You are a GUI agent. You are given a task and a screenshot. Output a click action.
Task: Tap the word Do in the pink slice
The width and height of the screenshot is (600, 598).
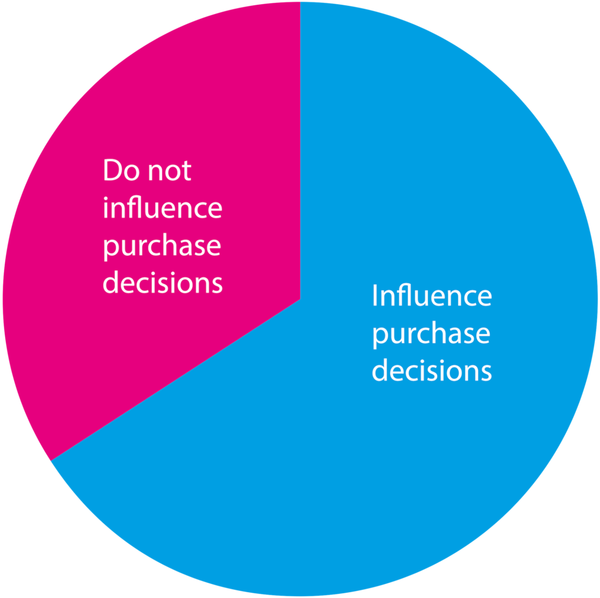[x=121, y=170]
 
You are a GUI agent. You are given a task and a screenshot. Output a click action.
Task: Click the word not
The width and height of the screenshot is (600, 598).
[x=169, y=171]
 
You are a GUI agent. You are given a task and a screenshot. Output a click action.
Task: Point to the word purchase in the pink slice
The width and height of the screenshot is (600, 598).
[x=162, y=247]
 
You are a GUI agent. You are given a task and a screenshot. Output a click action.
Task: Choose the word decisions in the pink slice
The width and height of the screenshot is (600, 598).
[x=163, y=283]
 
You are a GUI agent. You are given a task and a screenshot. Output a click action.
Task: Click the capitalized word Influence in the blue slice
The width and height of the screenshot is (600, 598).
[x=432, y=295]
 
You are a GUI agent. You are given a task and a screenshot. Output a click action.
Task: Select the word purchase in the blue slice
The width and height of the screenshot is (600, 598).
[x=431, y=335]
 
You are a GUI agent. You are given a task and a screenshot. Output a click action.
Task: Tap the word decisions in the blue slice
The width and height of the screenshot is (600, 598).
[x=432, y=370]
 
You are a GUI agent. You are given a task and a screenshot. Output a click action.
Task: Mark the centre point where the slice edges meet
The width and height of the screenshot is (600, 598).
[x=301, y=299]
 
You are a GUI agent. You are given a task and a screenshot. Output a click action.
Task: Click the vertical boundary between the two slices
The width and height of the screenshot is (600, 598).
[x=301, y=150]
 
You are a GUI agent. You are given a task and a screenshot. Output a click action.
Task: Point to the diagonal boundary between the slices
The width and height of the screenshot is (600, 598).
[x=176, y=380]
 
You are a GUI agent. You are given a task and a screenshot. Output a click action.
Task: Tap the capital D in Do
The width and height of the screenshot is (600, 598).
[x=112, y=170]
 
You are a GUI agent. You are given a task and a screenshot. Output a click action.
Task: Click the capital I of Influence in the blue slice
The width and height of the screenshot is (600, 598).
[x=376, y=295]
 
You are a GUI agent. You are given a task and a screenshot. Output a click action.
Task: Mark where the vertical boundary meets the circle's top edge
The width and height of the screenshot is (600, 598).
[x=301, y=2]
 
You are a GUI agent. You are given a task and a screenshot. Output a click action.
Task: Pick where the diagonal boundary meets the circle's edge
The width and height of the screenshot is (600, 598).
[x=51, y=460]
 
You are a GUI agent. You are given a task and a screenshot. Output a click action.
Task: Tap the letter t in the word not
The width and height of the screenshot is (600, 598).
[x=186, y=171]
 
